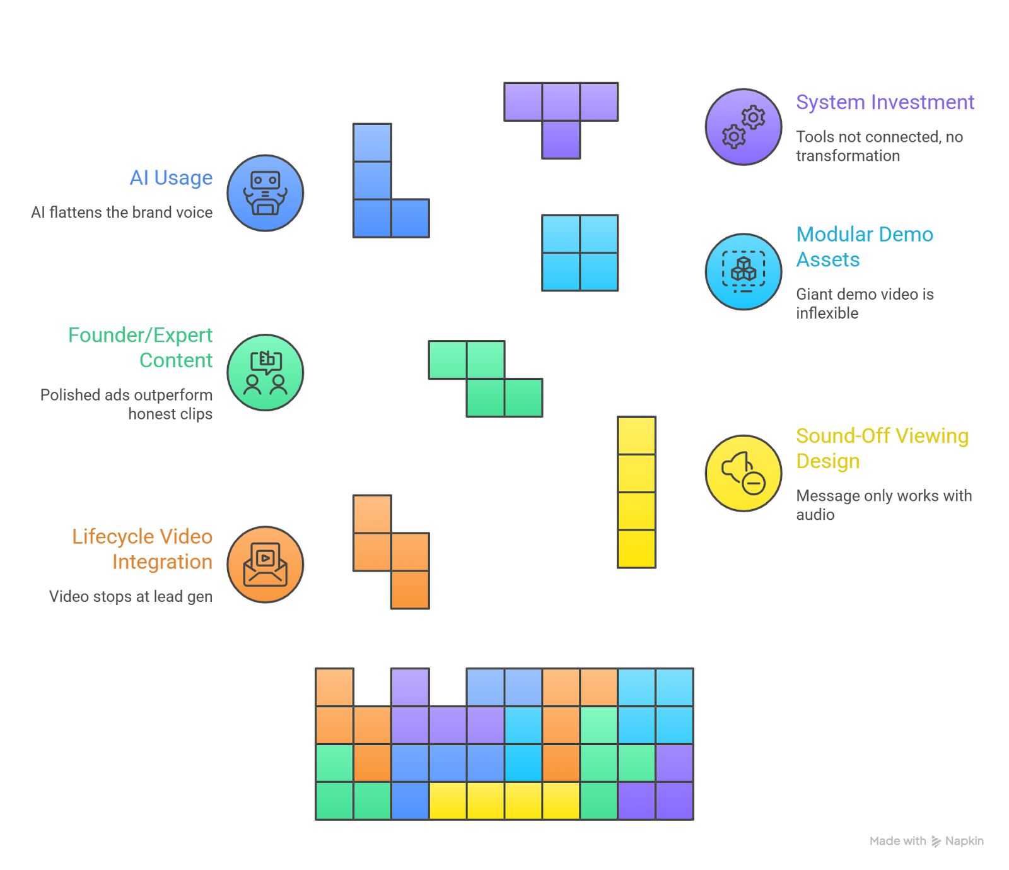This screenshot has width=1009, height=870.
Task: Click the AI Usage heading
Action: coord(171,178)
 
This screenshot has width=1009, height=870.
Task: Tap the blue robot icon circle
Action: coord(265,193)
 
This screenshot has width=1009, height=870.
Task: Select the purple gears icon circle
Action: coord(744,127)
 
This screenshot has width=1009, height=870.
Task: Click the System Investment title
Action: coord(885,102)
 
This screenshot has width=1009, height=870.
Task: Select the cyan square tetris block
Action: coord(580,253)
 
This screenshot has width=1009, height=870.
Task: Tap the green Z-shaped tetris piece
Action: coord(486,379)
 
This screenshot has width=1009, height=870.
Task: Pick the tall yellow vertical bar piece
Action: coord(637,492)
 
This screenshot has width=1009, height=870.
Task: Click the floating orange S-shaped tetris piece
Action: coord(391,551)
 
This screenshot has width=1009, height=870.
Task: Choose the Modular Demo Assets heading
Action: coord(864,247)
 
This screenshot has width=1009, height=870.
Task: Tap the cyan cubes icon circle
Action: coord(744,272)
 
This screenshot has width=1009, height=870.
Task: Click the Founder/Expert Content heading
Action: coord(140,348)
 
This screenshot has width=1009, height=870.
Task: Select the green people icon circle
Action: coord(265,373)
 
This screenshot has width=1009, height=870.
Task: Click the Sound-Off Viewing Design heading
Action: coord(882,449)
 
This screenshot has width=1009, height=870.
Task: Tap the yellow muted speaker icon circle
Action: coord(744,473)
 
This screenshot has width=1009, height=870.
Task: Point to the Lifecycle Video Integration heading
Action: coord(143,549)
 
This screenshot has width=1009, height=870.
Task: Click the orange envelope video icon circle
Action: coord(265,565)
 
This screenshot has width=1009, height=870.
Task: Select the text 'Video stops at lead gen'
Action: coord(131,596)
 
